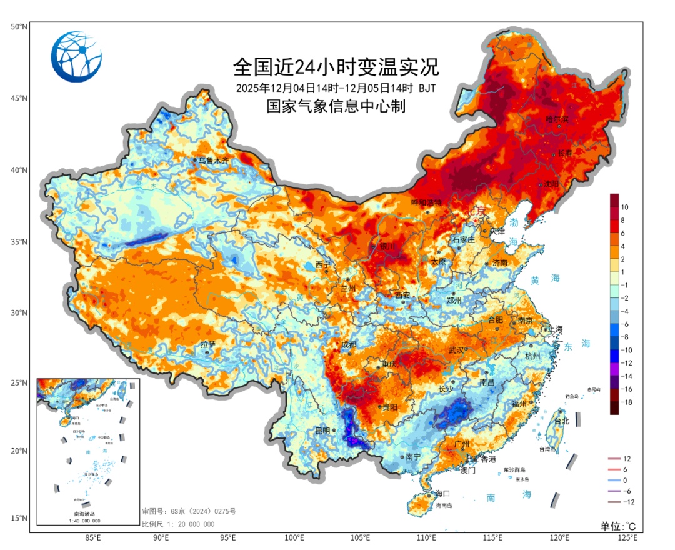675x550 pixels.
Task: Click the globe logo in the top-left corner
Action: (x=76, y=57)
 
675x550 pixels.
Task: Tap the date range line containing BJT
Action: (x=336, y=87)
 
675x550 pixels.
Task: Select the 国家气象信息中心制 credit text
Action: (x=336, y=106)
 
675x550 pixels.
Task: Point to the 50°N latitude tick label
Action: (x=18, y=27)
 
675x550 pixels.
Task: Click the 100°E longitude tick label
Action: (x=294, y=537)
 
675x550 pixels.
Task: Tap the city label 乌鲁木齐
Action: (x=214, y=161)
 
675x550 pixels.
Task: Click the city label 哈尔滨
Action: (x=557, y=118)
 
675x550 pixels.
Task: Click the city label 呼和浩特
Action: (x=426, y=203)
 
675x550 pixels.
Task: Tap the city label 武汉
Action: (x=456, y=350)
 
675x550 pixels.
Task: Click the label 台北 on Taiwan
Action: (x=562, y=421)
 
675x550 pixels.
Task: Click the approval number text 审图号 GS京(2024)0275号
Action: (x=189, y=512)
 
